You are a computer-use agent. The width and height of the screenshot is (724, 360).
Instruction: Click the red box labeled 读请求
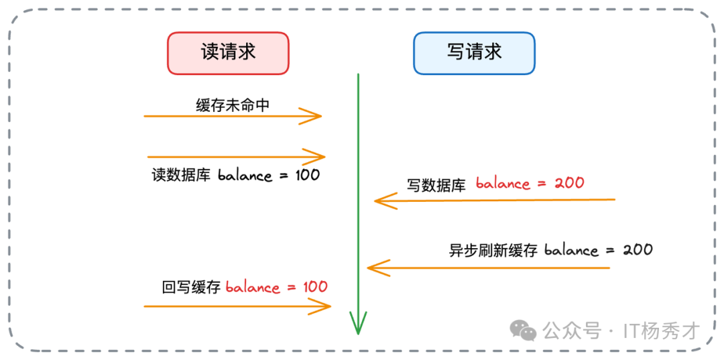pyautogui.click(x=228, y=53)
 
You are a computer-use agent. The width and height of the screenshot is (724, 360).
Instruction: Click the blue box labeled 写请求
pyautogui.click(x=474, y=53)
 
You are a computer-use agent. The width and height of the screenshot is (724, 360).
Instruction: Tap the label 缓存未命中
pyautogui.click(x=233, y=105)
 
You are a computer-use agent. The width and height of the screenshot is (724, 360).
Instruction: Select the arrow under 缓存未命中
pyautogui.click(x=233, y=116)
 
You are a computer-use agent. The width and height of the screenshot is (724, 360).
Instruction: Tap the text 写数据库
pyautogui.click(x=436, y=185)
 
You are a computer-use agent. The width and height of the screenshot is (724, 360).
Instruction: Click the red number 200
pyautogui.click(x=569, y=182)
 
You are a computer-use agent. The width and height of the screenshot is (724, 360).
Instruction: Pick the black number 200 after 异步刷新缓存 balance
pyautogui.click(x=638, y=250)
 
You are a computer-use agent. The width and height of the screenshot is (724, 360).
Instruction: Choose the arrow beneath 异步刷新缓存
pyautogui.click(x=489, y=268)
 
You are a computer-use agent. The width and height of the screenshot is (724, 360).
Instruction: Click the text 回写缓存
pyautogui.click(x=191, y=288)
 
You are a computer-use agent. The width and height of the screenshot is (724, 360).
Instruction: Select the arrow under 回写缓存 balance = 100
pyautogui.click(x=238, y=306)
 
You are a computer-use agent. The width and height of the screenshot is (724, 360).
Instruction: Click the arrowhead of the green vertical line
pyautogui.click(x=359, y=325)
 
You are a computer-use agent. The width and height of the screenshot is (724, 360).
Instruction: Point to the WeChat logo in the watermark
pyautogui.click(x=523, y=330)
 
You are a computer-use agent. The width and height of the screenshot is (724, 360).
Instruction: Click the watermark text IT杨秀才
pyautogui.click(x=661, y=331)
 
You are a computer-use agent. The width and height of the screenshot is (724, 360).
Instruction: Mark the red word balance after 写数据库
pyautogui.click(x=502, y=183)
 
